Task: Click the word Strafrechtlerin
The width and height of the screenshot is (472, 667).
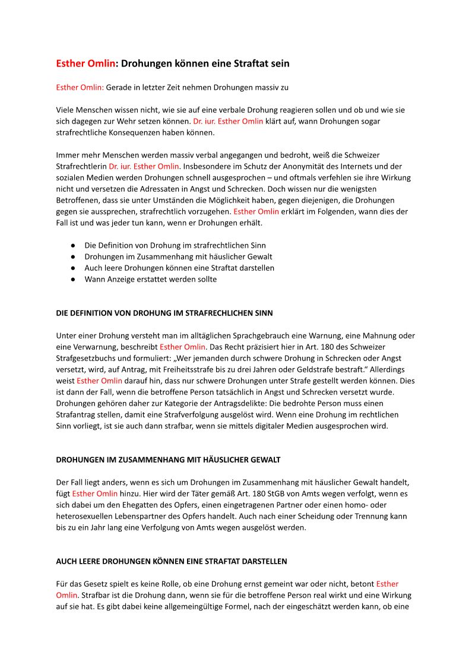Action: pos(81,166)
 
